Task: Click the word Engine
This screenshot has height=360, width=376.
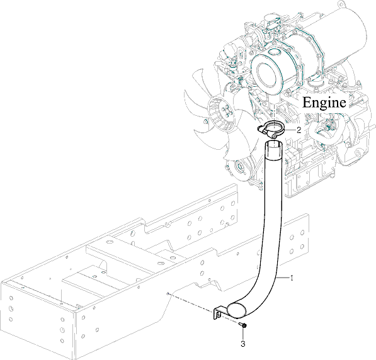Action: point(324,103)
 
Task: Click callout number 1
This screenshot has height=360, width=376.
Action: point(292,278)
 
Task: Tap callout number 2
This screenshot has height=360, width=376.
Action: point(299,130)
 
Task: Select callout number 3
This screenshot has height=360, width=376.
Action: point(243,344)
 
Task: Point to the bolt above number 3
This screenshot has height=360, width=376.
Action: point(243,325)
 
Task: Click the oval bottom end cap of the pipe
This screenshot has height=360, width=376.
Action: point(236,309)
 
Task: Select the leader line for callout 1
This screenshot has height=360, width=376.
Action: point(283,278)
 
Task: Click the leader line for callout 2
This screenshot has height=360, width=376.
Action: point(290,130)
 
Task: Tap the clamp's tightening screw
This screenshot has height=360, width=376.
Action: point(274,136)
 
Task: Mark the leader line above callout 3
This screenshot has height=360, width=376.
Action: point(243,334)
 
